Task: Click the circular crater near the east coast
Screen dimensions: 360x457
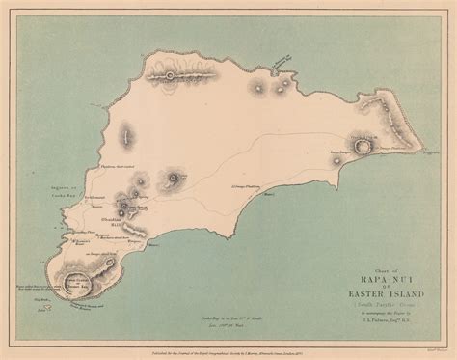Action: pos(363,148)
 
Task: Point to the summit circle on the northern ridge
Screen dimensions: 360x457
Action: pos(172,74)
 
